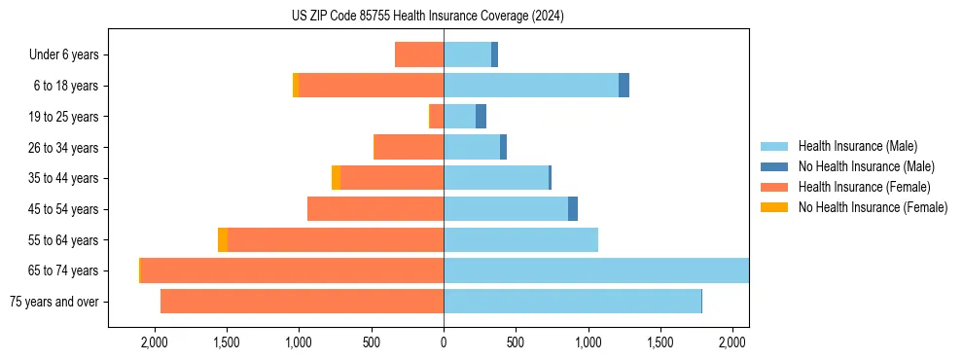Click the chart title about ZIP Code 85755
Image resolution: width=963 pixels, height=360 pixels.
427,16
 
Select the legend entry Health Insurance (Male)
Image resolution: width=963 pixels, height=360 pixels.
857,146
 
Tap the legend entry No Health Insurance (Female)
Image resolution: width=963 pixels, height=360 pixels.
873,207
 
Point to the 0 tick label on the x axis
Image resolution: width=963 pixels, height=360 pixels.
444,342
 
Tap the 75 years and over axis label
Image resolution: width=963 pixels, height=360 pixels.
54,302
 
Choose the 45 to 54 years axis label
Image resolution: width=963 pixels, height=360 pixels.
61,209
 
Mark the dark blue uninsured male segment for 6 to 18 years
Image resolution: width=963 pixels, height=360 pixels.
624,86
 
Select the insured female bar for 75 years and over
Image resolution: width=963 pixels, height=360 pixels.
302,302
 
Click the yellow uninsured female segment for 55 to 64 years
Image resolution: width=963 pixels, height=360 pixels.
223,240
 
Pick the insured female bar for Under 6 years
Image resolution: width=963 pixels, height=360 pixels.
419,54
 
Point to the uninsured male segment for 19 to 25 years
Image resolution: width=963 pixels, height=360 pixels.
481,117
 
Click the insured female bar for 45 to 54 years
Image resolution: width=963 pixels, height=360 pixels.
375,209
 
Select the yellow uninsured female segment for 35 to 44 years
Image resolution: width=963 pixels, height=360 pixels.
336,178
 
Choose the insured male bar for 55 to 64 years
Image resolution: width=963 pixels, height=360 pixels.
520,240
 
